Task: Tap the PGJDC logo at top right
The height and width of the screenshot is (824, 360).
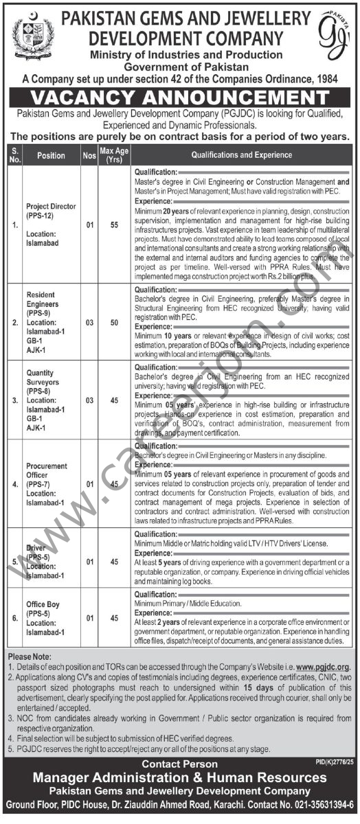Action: (333, 34)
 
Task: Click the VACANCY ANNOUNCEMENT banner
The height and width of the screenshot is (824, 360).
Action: (180, 98)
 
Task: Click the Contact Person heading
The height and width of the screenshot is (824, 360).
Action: (179, 764)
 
